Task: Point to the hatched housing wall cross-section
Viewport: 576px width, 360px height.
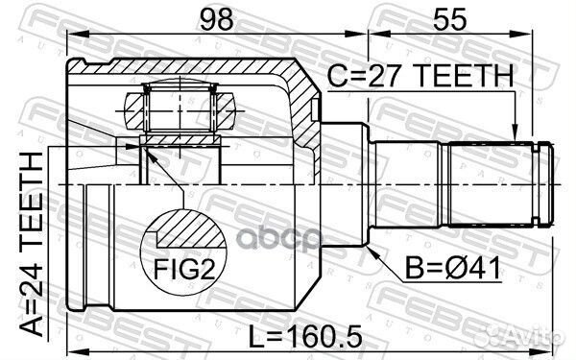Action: [305, 106]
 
